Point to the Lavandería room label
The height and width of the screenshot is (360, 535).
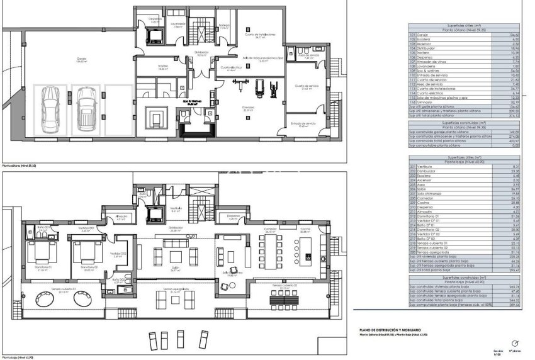(177, 27)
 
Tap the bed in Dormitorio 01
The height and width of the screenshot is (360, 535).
(39, 255)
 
